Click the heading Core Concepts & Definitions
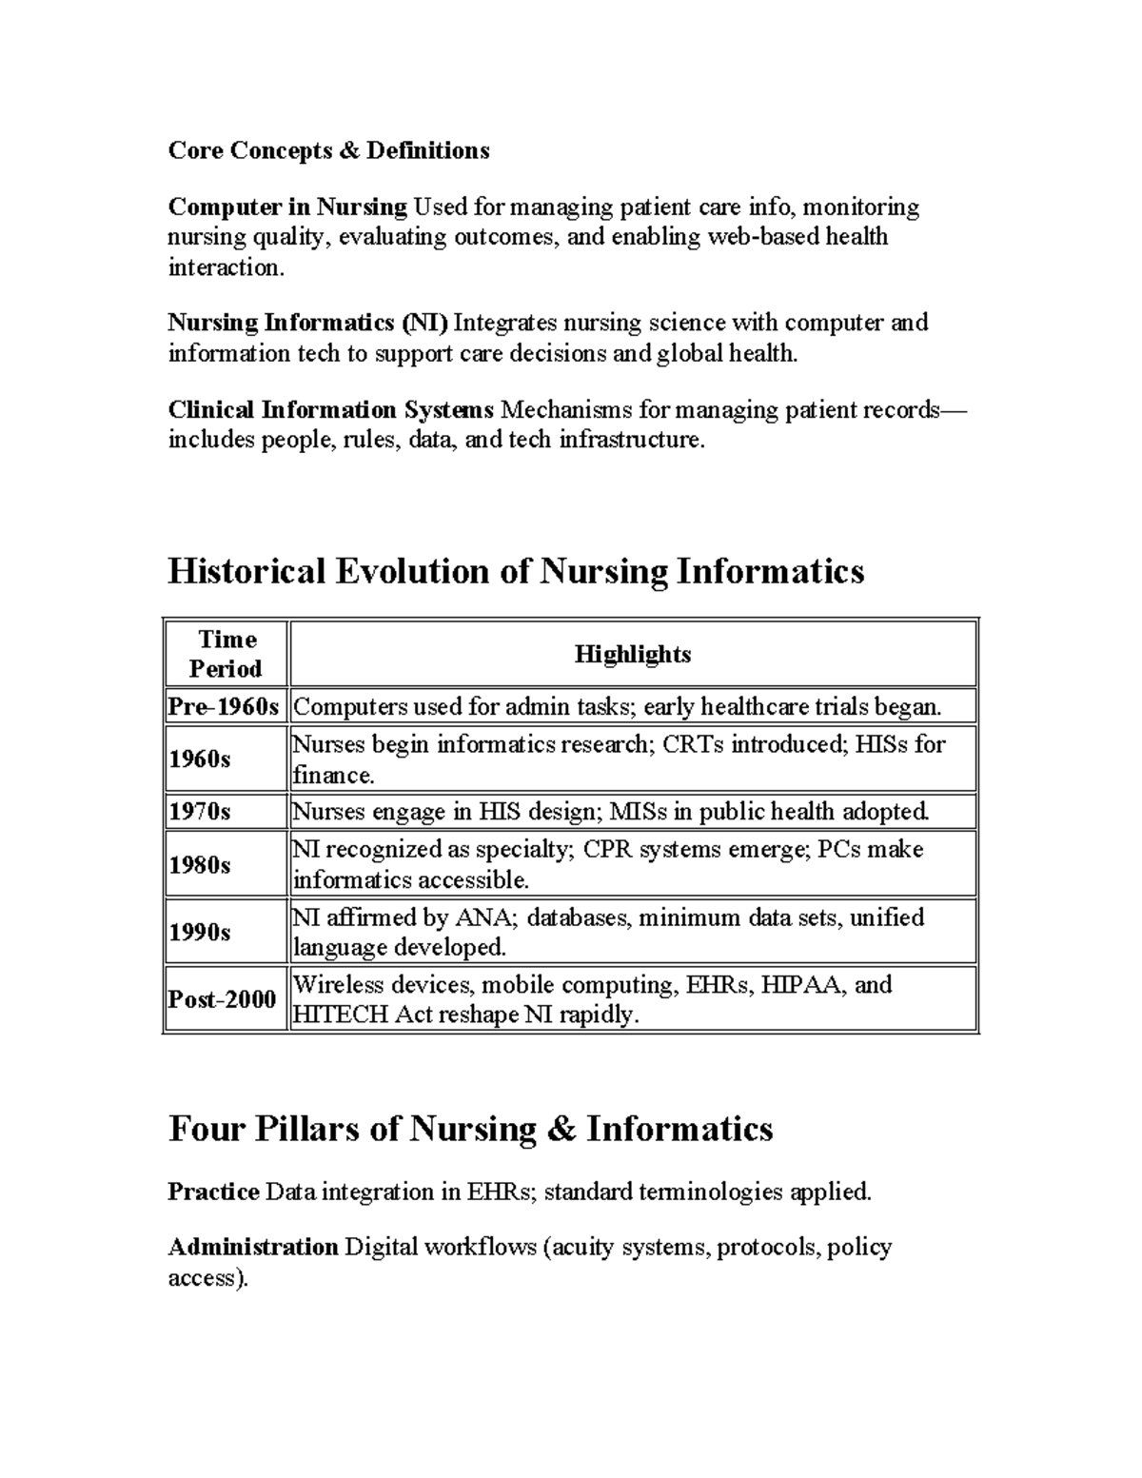pyautogui.click(x=328, y=150)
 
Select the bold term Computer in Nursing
pyautogui.click(x=287, y=207)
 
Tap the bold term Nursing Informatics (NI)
pyautogui.click(x=307, y=323)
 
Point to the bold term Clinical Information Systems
pyautogui.click(x=330, y=410)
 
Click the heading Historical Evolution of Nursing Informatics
pyautogui.click(x=516, y=571)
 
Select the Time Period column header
pyautogui.click(x=226, y=654)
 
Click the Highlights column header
pyautogui.click(x=633, y=654)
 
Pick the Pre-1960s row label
pyautogui.click(x=225, y=707)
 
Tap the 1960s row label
pyautogui.click(x=200, y=759)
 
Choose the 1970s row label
pyautogui.click(x=200, y=812)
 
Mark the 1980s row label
pyautogui.click(x=200, y=864)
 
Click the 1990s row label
pyautogui.click(x=200, y=932)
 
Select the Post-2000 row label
pyautogui.click(x=223, y=999)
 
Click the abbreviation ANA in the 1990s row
pyautogui.click(x=482, y=917)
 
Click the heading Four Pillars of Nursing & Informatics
pyautogui.click(x=470, y=1129)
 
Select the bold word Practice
pyautogui.click(x=213, y=1192)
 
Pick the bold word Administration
pyautogui.click(x=253, y=1247)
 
